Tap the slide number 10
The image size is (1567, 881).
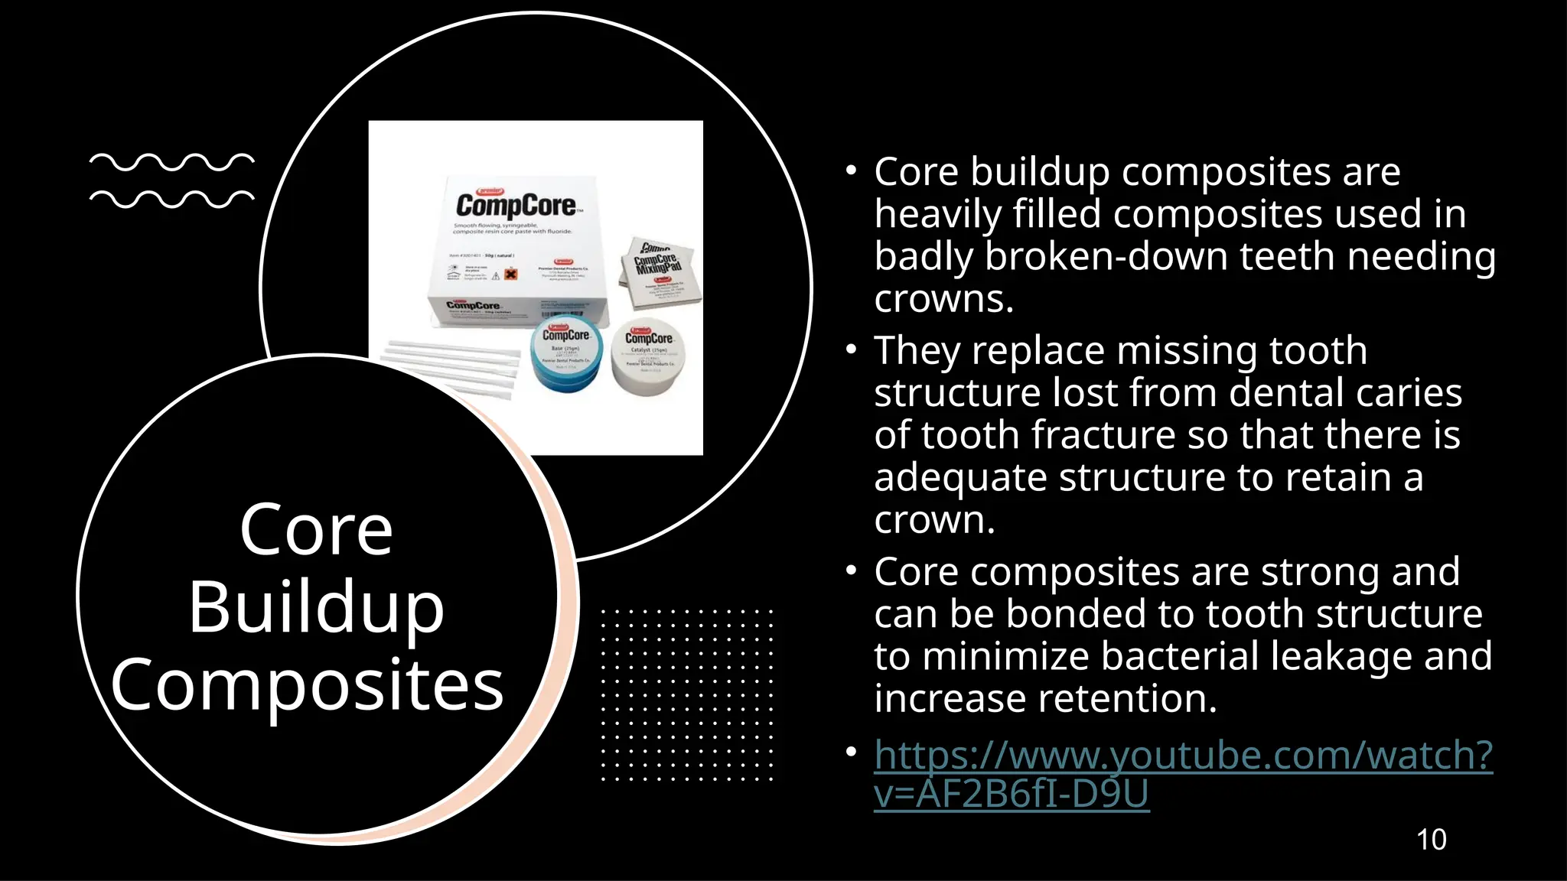1431,840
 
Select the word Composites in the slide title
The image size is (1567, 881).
307,685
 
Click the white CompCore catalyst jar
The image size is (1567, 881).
649,356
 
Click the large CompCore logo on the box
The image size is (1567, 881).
516,205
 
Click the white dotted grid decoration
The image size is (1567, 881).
686,694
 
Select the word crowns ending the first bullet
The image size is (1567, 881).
943,298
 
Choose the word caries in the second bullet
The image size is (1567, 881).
1409,393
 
